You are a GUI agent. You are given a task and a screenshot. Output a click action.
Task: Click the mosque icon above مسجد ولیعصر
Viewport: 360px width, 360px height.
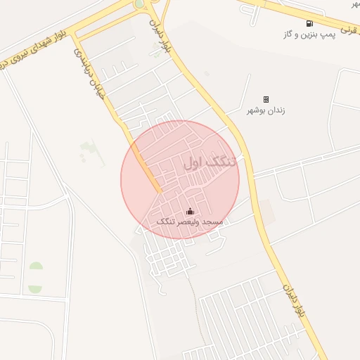[x=190, y=212]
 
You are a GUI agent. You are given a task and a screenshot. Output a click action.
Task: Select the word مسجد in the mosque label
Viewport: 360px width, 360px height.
[x=212, y=222]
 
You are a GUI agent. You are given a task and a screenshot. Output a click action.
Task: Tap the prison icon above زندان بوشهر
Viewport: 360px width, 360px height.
[x=266, y=99]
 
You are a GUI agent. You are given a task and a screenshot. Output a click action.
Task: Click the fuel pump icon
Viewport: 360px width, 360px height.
[x=309, y=23]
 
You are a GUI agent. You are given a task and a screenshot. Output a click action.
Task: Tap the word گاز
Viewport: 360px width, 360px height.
[x=289, y=34]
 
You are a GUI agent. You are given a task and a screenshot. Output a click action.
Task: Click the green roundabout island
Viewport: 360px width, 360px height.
[x=141, y=4]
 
